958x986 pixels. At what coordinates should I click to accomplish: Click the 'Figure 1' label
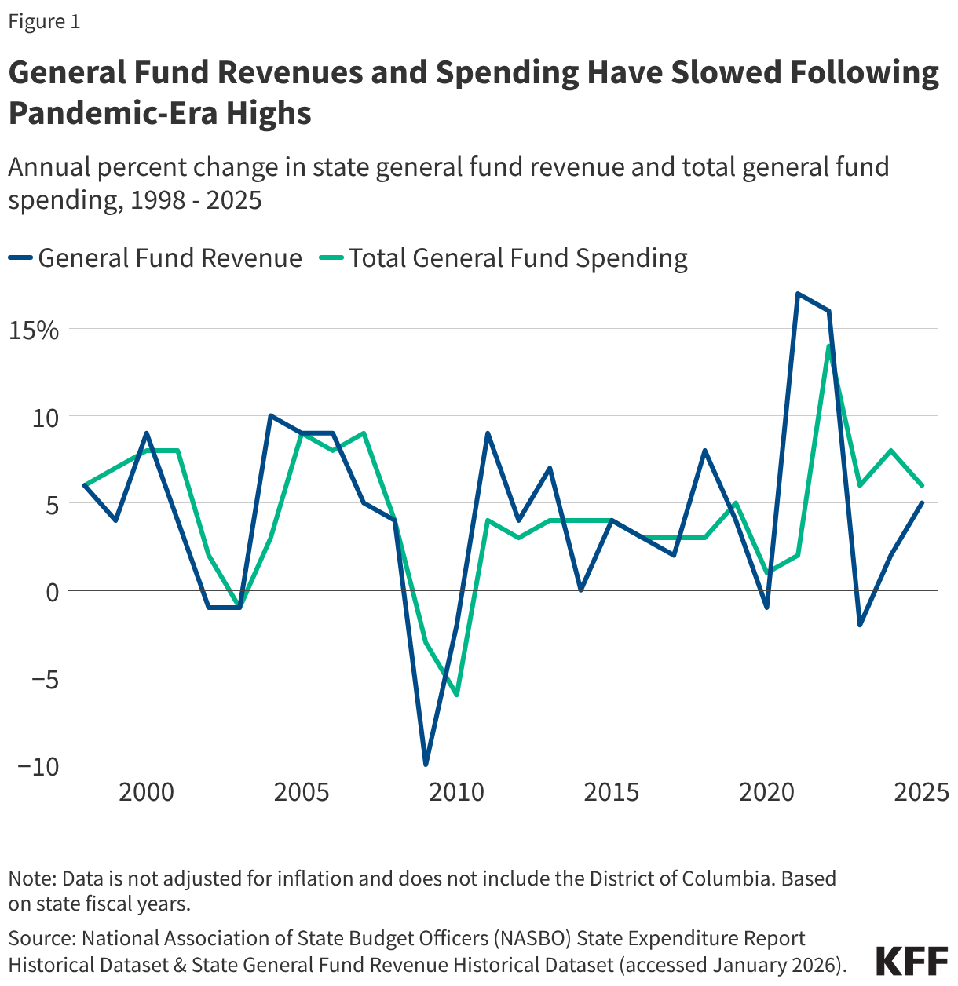click(44, 22)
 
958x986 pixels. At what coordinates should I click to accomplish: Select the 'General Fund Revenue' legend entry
click(157, 258)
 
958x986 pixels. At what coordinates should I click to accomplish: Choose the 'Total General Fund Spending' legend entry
click(506, 258)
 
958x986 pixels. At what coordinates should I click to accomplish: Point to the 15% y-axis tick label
click(34, 330)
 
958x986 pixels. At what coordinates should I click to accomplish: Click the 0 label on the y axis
click(52, 592)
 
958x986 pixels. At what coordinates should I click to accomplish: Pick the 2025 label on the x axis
click(922, 792)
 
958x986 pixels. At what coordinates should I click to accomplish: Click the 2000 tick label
click(146, 792)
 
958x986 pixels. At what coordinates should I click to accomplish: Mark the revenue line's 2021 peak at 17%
click(797, 294)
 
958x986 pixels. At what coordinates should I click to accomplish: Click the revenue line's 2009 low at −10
click(426, 765)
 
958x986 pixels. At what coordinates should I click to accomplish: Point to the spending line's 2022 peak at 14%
click(828, 346)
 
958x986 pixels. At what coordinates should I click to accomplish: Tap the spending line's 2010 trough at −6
click(456, 695)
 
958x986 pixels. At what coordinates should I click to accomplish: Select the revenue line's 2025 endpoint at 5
click(922, 503)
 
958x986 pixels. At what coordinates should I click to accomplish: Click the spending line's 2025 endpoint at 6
click(922, 486)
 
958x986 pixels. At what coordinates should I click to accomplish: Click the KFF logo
click(912, 961)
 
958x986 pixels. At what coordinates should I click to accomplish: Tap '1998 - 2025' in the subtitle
click(196, 200)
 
